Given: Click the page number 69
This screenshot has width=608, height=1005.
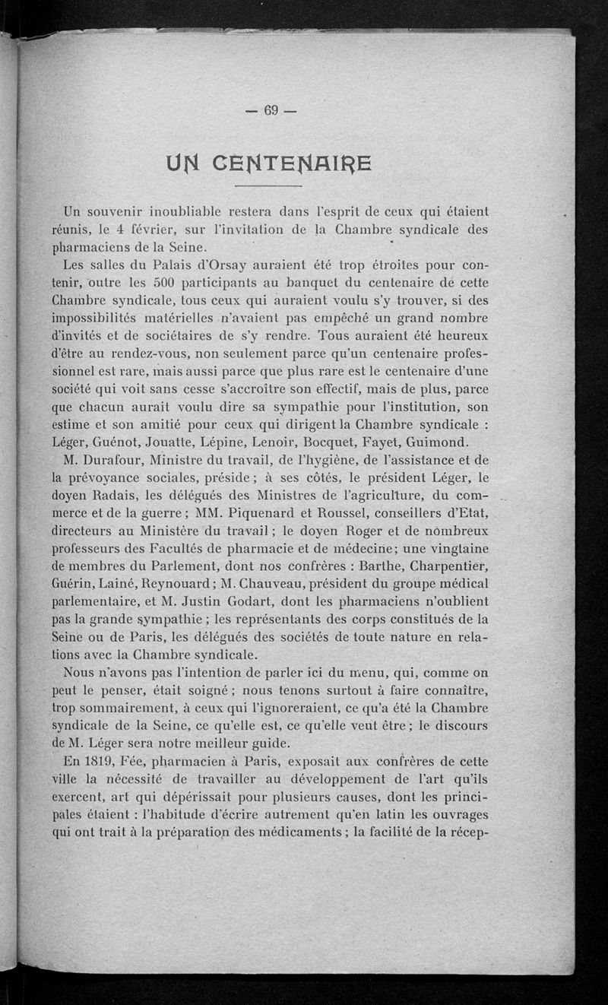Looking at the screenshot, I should tap(271, 110).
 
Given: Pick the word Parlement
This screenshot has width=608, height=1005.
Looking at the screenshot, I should tap(193, 566).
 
